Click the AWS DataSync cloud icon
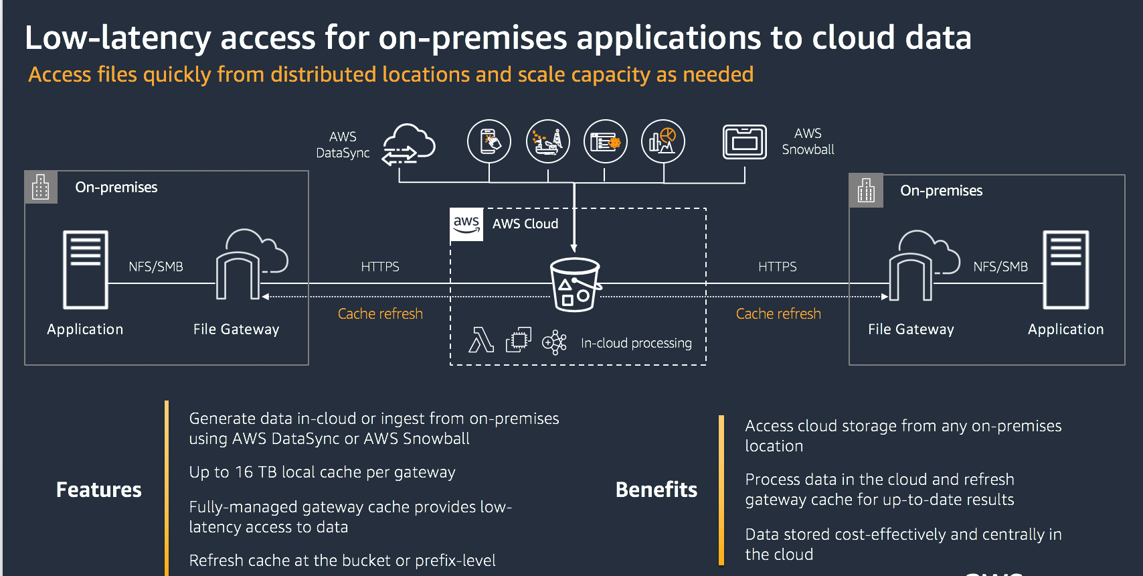(x=409, y=143)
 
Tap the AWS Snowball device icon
(x=744, y=142)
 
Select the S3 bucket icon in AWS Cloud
(x=575, y=285)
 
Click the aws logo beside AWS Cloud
(x=466, y=224)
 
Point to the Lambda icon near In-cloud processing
(x=480, y=340)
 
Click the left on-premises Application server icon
(x=86, y=269)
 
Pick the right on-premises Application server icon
(x=1065, y=269)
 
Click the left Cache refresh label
(x=380, y=313)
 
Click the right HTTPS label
(x=777, y=267)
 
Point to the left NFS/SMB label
(x=155, y=267)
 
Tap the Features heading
(x=99, y=490)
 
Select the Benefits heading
(x=656, y=490)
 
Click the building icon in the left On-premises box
(x=41, y=187)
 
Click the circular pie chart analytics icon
(x=663, y=141)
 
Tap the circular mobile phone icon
(x=489, y=141)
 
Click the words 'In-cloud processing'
(x=636, y=343)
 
